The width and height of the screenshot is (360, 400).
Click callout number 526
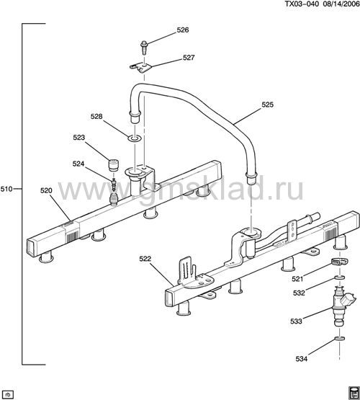[183, 30]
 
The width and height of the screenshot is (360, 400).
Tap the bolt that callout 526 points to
[144, 47]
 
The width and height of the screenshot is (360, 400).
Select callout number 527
[189, 58]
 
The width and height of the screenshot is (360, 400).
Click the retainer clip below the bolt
[141, 68]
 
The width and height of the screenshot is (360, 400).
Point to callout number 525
[267, 105]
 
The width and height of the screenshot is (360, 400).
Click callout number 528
[96, 117]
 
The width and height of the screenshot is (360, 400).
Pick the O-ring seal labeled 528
[135, 138]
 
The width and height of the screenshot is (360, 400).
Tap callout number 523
[78, 138]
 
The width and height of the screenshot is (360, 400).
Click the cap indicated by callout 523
[114, 165]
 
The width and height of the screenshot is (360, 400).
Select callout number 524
[78, 164]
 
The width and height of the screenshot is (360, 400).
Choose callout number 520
[46, 190]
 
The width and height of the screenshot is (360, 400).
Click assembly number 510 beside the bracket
[6, 189]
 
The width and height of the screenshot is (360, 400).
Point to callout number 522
[145, 259]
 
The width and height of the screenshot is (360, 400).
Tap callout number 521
[297, 279]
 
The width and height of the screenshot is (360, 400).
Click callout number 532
[299, 293]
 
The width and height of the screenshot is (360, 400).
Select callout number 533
[296, 321]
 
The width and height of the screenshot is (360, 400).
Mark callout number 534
[302, 359]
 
